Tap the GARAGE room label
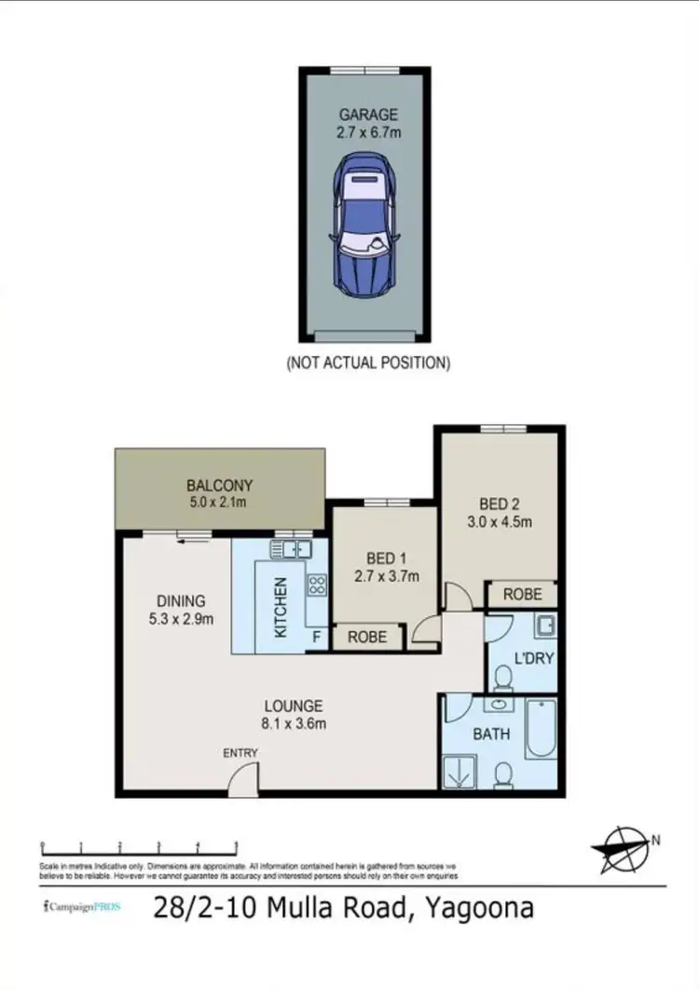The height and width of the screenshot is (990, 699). [368, 115]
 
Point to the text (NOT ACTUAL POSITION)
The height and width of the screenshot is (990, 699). [368, 364]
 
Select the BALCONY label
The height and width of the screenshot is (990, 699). [220, 486]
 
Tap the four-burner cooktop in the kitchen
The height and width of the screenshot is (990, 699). [317, 585]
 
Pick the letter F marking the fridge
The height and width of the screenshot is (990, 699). [317, 638]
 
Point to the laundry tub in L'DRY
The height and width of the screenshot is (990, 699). [544, 624]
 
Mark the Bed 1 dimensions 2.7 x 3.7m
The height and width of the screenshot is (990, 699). [386, 576]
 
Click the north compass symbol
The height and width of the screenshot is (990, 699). [623, 848]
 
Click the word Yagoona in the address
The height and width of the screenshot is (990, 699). [480, 908]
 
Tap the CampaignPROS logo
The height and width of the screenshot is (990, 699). [83, 906]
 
